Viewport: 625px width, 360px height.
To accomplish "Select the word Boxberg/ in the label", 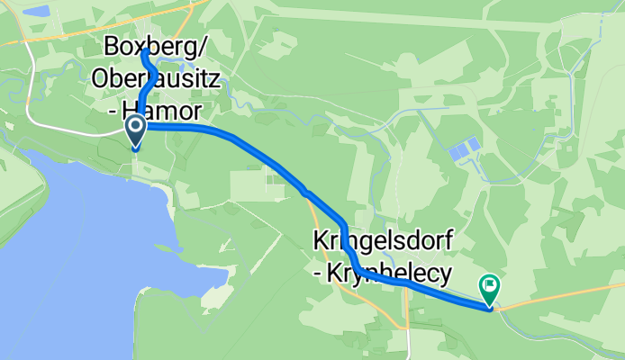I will tap(149, 45).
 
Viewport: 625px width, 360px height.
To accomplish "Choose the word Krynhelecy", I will tap(389, 271).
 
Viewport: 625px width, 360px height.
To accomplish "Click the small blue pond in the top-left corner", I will tap(37, 12).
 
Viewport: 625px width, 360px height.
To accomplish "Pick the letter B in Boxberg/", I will tap(113, 45).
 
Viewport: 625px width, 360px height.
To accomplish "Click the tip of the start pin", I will tap(136, 148).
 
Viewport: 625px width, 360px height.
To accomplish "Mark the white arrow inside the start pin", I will tap(136, 129).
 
